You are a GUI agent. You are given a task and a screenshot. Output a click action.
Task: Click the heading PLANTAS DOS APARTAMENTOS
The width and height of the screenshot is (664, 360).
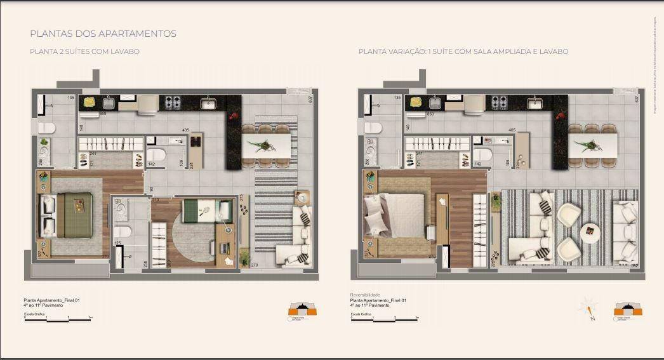[103, 34]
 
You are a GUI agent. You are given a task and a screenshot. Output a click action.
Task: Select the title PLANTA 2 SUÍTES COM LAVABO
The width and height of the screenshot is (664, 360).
[84, 51]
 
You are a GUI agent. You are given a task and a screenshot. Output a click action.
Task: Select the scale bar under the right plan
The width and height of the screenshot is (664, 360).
[385, 319]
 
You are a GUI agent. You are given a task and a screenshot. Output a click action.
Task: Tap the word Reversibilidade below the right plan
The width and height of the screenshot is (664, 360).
[364, 295]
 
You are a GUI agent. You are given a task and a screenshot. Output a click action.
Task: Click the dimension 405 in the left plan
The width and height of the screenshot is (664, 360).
[185, 131]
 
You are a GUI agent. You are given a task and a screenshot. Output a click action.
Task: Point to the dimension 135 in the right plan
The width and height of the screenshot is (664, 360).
[397, 98]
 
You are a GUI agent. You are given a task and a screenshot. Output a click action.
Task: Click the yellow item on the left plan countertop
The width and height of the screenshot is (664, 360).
[90, 102]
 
